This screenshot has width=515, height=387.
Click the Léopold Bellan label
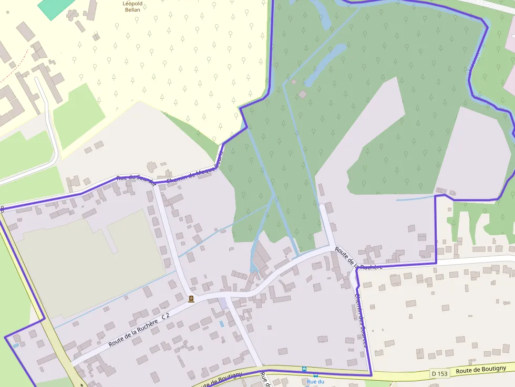pos(132,6)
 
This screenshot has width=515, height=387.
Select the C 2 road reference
pos(166,316)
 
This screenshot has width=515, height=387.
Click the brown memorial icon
pos(191,299)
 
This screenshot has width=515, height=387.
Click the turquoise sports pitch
pos(55,7)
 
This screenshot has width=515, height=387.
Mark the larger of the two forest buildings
pos(303,94)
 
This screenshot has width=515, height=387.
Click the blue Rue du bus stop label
pos(315,382)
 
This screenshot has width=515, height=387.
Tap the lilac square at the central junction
pos(224,302)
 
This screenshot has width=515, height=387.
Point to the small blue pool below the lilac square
pos(221,324)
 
